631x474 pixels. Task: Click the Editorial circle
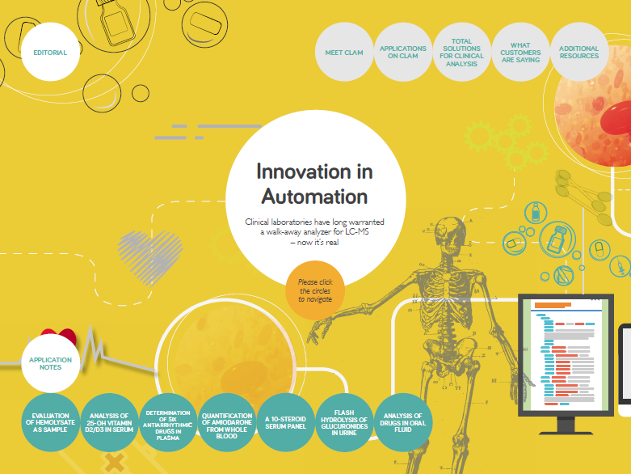tap(50, 52)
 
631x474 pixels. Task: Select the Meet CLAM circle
tap(344, 52)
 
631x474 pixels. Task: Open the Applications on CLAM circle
tap(403, 52)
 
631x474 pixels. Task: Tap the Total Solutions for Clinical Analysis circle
tap(461, 52)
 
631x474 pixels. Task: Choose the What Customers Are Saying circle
tap(520, 52)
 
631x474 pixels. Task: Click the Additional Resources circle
tap(579, 52)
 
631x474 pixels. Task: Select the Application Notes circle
tap(50, 363)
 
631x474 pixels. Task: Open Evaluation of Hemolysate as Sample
tap(50, 422)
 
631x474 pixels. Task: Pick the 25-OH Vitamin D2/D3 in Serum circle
tap(109, 422)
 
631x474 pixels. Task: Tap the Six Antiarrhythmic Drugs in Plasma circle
tap(168, 422)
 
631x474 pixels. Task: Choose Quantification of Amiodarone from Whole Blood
tap(226, 422)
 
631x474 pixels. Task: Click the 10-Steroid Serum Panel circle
tap(285, 422)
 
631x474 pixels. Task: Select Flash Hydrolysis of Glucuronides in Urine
tap(344, 422)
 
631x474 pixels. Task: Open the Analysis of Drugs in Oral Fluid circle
tap(403, 422)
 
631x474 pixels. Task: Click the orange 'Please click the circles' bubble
tap(315, 290)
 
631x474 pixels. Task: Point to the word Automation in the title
tap(315, 197)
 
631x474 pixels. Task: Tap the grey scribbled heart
tap(150, 256)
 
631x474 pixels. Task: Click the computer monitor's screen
tap(566, 354)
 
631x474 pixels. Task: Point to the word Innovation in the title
tap(315, 171)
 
